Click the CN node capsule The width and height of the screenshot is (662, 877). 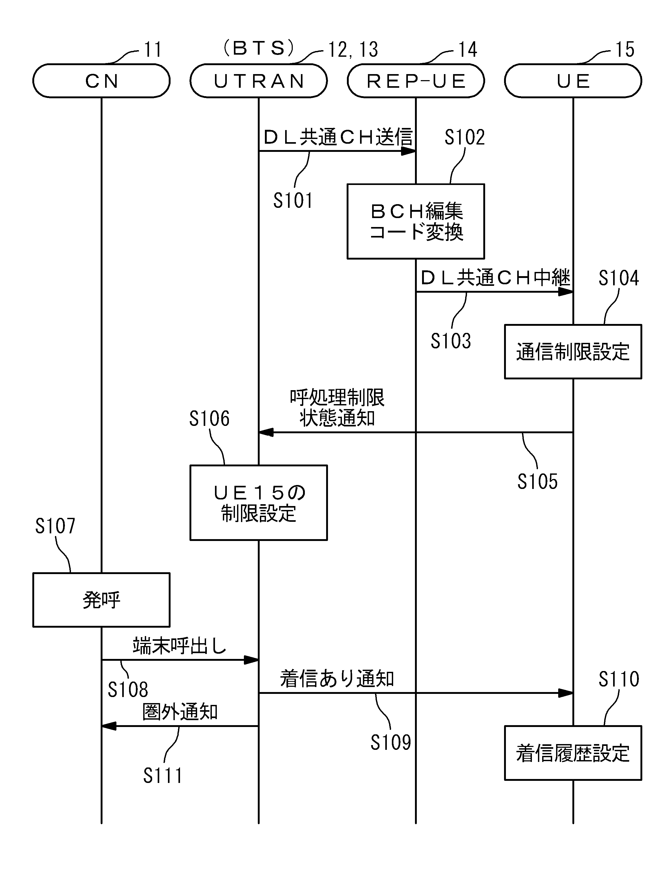coord(101,81)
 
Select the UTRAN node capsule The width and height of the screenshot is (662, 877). coord(259,81)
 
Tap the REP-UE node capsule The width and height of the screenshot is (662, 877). coord(416,81)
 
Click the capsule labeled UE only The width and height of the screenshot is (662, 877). coord(573,81)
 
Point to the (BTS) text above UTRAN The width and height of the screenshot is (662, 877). coord(259,48)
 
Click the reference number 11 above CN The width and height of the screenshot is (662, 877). coord(153,50)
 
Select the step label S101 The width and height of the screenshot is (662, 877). coord(293,200)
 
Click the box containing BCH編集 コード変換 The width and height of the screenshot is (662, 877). coord(416,221)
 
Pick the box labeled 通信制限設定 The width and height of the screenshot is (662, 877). coord(573,352)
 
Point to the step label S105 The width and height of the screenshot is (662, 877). coord(537,481)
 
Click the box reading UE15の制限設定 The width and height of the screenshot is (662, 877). coord(259,502)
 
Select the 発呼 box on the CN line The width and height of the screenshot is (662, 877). coord(101,600)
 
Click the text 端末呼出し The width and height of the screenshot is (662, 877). coord(179,646)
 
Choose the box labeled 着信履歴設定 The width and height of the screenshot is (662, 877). coord(573,753)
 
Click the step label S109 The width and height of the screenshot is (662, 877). coord(391,742)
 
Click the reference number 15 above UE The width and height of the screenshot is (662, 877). coord(625,50)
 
